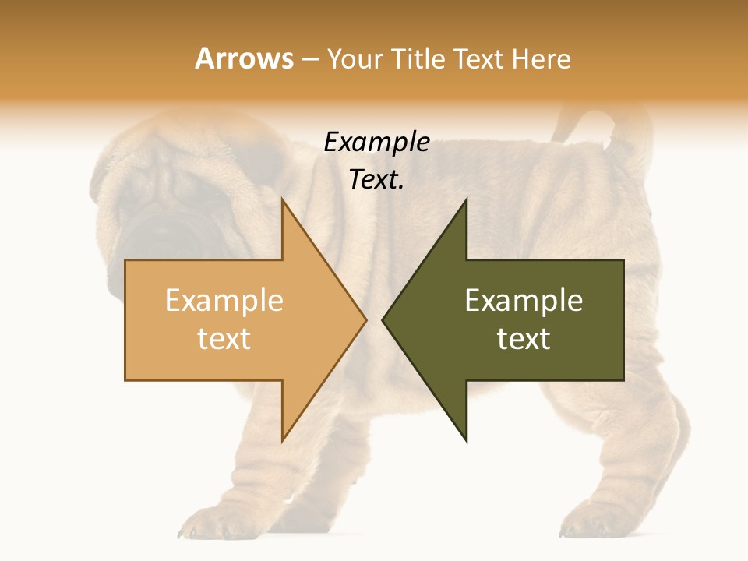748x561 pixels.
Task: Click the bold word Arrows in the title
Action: click(x=244, y=58)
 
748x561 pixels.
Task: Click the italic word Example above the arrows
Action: click(x=376, y=142)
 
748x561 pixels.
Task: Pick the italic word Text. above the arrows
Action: click(x=376, y=179)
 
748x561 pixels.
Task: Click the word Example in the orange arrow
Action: click(x=224, y=301)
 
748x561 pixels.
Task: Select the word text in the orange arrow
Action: click(x=224, y=338)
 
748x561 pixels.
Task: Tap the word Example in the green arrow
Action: click(x=524, y=301)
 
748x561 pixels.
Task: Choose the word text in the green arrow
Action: click(x=524, y=338)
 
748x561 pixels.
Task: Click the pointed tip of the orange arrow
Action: click(x=365, y=319)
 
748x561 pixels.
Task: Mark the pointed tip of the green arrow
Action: click(x=384, y=319)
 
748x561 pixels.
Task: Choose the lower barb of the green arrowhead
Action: click(x=466, y=438)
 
